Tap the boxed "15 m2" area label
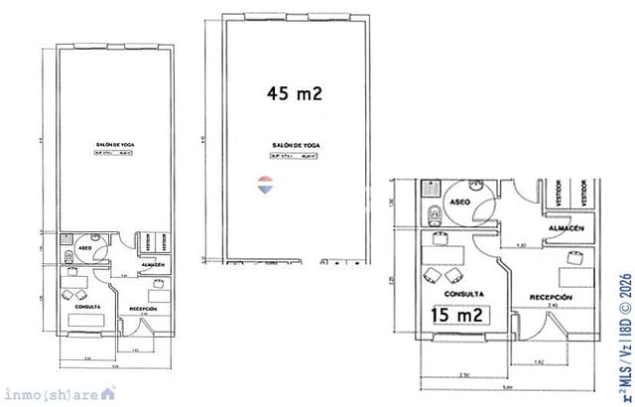click(x=457, y=316)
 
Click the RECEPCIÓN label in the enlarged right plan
click(x=550, y=297)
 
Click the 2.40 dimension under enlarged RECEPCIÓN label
click(x=553, y=306)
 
